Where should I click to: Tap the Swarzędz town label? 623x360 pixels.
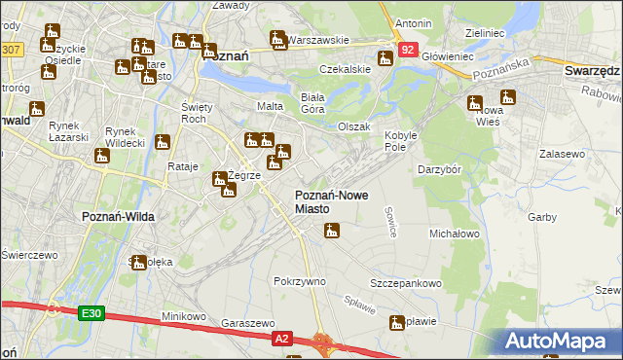point(592,71)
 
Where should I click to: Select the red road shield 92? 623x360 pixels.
point(407,49)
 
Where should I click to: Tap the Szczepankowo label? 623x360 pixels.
point(406,283)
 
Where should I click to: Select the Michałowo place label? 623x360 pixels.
point(455,234)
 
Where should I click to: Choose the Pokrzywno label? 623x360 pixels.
point(299,281)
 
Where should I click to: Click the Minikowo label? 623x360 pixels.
point(184,316)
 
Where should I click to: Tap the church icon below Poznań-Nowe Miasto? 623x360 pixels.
point(332,232)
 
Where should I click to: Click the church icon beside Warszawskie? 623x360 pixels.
point(278,39)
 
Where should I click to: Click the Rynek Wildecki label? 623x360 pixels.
point(125,137)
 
